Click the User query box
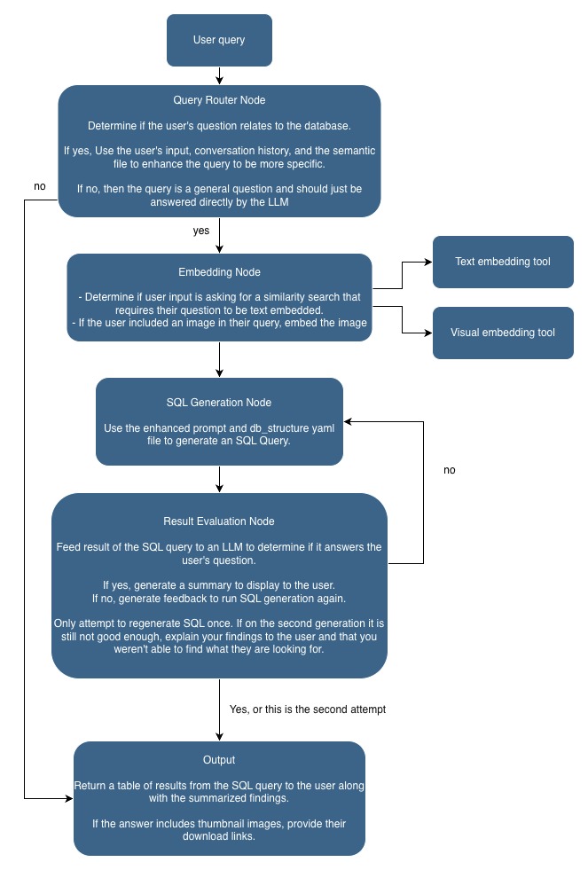(x=219, y=40)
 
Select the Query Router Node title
(x=219, y=101)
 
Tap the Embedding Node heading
(x=219, y=272)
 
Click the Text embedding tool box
(x=503, y=262)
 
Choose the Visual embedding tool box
(x=503, y=333)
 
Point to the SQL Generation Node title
(x=219, y=402)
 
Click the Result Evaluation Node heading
(x=219, y=521)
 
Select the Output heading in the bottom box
(x=219, y=760)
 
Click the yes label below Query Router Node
(x=201, y=230)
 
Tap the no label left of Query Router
(x=39, y=186)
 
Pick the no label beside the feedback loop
(x=449, y=470)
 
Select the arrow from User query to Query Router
(x=219, y=75)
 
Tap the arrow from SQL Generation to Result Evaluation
(x=219, y=479)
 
